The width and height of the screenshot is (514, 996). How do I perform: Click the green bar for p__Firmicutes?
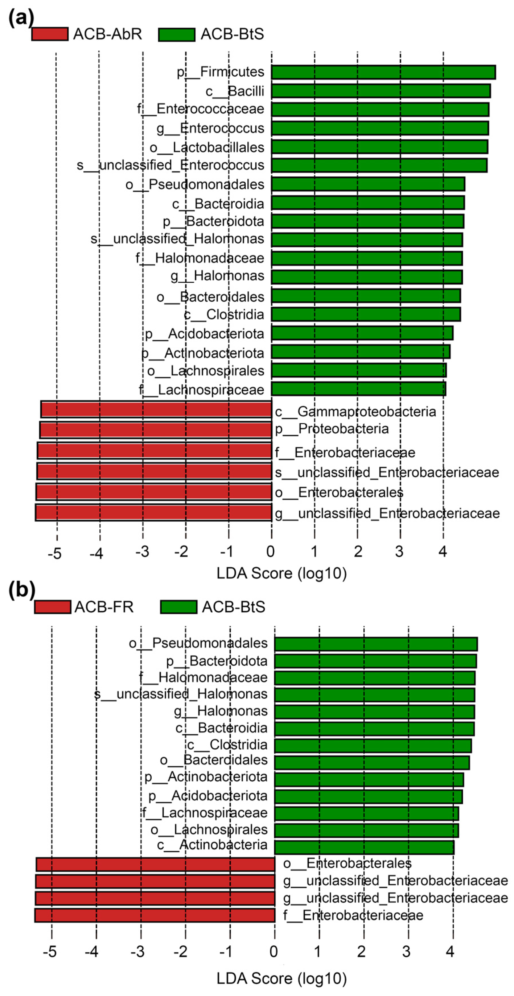pos(383,72)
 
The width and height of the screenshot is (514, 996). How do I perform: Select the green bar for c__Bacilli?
pos(381,91)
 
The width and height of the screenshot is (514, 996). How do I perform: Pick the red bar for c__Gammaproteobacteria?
pos(156,410)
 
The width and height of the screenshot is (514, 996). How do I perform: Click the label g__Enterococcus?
pos(210,128)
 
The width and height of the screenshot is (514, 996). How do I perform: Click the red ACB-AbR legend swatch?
pos(50,34)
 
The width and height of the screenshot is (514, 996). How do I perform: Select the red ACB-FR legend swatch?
pos(53,607)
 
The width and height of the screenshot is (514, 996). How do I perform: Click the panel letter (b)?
pos(22,590)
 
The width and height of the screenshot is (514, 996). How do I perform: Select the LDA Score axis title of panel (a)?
pos(281,573)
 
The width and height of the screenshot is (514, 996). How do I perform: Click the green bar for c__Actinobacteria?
pos(364,847)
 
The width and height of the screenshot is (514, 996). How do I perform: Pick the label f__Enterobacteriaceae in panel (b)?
pos(353,915)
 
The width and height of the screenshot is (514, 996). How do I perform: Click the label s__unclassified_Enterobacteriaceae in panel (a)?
pos(386,472)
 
